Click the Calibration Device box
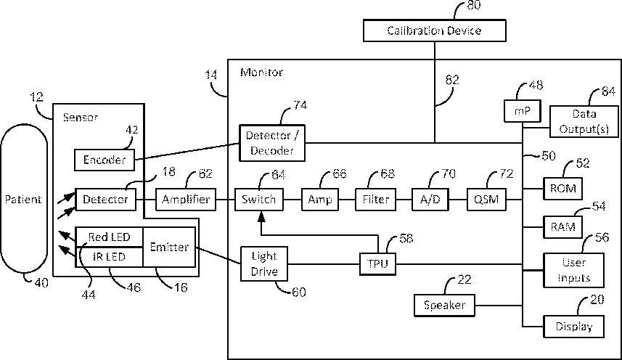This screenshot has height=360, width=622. coord(434,30)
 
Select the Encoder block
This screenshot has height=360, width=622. coord(105,160)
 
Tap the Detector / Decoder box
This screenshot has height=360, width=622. coord(272,143)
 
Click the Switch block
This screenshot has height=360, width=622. coord(258,199)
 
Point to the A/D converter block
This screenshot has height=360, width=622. coord(430,199)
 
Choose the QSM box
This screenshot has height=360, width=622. coord(486,199)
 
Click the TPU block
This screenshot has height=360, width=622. coord(377,263)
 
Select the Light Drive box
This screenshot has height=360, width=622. coord(264,264)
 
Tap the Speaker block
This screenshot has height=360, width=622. coord(444,306)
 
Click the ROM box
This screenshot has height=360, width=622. coord(563,188)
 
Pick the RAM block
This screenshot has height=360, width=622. coord(563,226)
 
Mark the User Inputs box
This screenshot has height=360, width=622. coord(573,271)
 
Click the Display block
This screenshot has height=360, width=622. coord(573,327)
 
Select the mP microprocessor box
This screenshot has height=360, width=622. coord(523,111)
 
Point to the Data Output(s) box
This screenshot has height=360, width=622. coord(584,121)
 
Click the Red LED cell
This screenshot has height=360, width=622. coord(109,237)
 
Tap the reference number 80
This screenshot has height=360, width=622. coord(474,5)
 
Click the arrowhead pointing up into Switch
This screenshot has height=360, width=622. coord(261,216)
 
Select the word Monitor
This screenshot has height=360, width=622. coord(262,72)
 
